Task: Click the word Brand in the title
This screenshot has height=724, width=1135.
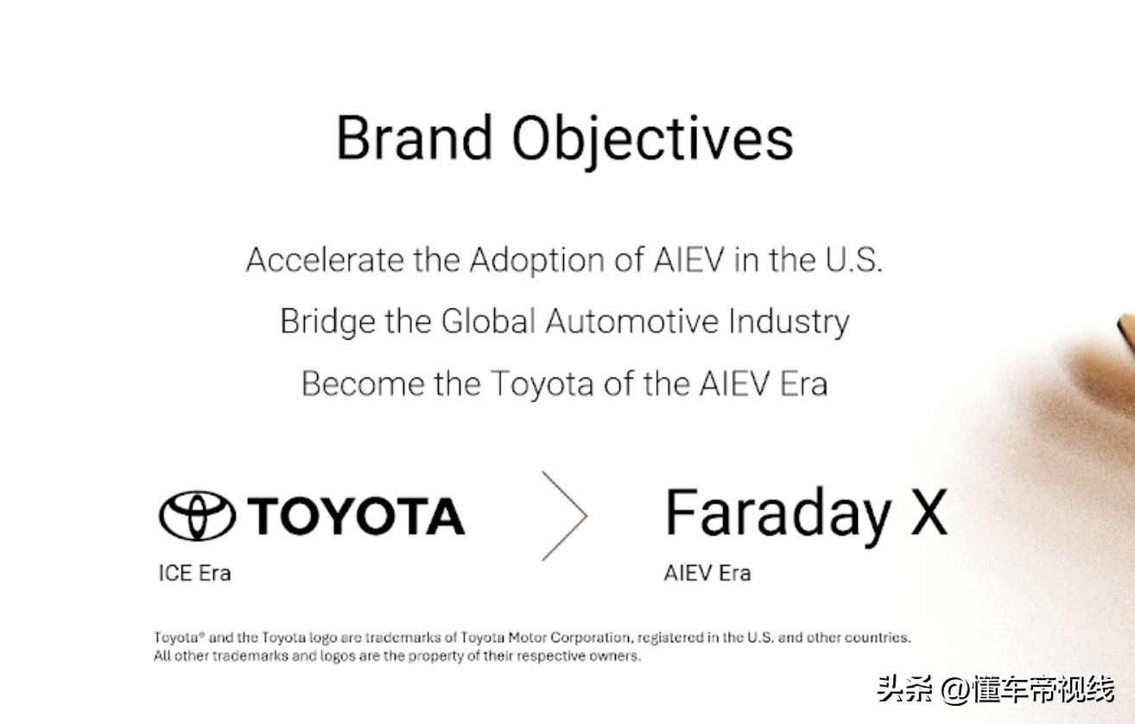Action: pos(414,138)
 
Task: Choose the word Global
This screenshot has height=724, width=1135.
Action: pos(488,322)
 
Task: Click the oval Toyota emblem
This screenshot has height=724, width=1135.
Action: pos(197,516)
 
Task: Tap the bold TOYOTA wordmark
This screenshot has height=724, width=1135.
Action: pos(356,516)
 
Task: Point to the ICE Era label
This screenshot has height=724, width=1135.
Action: pos(194,573)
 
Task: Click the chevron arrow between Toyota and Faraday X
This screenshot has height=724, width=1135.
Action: pos(565,516)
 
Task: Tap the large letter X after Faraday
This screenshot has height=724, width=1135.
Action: pos(929,512)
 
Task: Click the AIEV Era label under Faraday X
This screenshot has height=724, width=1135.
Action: pos(707,573)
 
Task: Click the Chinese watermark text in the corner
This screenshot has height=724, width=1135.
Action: pos(995,689)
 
